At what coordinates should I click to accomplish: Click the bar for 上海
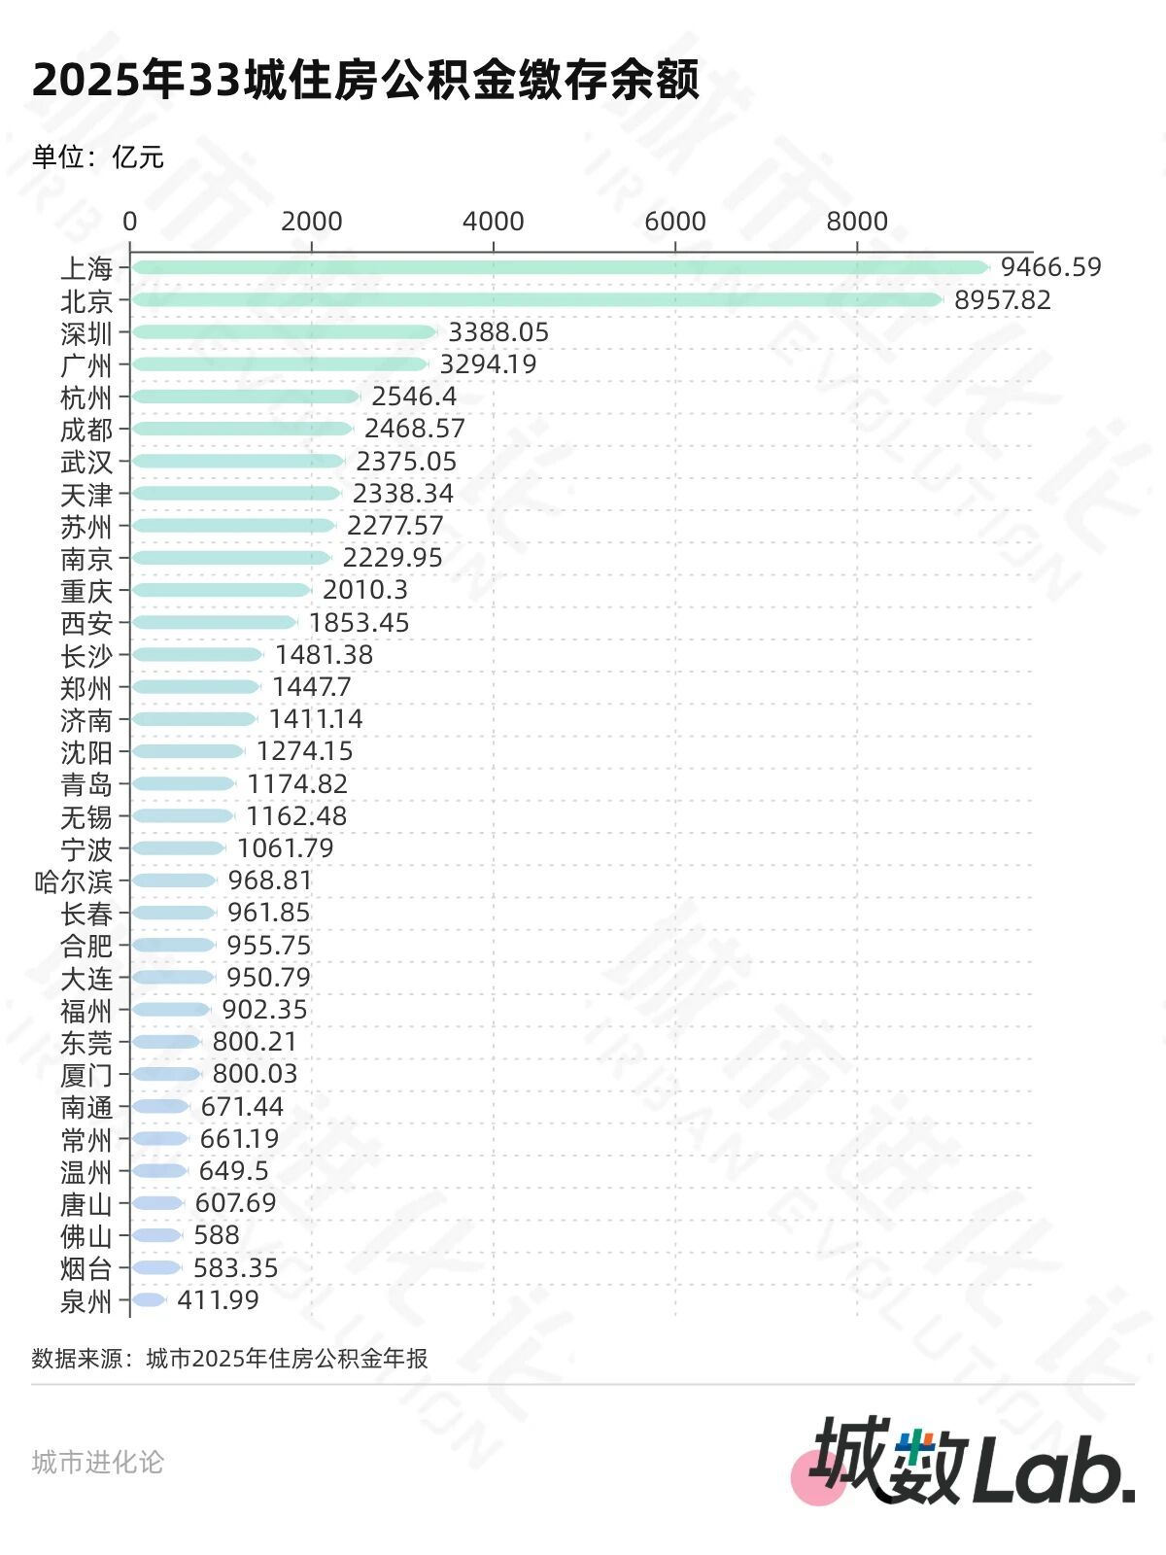[x=560, y=267]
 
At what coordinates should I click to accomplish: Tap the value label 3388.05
[x=498, y=332]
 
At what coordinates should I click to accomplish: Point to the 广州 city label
[x=86, y=365]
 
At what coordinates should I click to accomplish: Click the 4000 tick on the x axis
[x=493, y=222]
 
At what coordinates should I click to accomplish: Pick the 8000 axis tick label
[x=856, y=222]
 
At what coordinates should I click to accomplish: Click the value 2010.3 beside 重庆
[x=365, y=590]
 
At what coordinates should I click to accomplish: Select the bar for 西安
[x=214, y=622]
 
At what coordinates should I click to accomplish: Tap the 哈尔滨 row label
[x=74, y=881]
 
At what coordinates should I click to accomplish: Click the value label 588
[x=217, y=1235]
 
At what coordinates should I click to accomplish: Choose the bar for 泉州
[x=149, y=1300]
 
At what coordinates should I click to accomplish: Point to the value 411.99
[x=218, y=1300]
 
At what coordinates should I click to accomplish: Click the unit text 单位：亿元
[x=98, y=157]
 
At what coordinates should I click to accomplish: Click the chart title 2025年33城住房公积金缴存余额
[x=365, y=80]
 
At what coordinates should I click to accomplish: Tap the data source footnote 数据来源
[x=229, y=1359]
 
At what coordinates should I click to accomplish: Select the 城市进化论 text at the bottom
[x=97, y=1463]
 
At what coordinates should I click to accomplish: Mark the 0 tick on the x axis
[x=130, y=222]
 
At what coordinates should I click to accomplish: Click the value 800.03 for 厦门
[x=255, y=1074]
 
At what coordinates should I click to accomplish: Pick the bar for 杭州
[x=246, y=397]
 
